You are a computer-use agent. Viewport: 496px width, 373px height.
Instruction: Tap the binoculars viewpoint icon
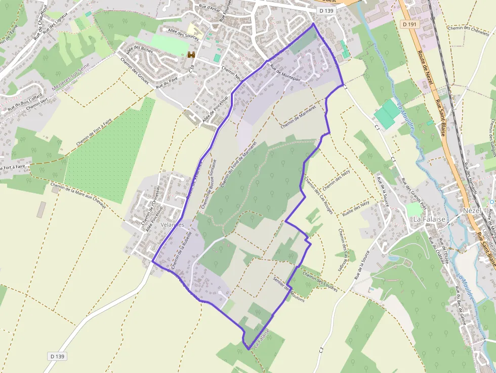[x=191, y=55]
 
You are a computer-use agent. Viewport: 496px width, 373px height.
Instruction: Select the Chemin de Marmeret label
[x=298, y=116]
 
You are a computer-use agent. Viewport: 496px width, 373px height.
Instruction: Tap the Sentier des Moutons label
[x=288, y=288]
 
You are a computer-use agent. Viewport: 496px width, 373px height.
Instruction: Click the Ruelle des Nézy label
[x=355, y=208]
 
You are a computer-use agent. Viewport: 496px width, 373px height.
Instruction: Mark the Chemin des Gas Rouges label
[x=318, y=194]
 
